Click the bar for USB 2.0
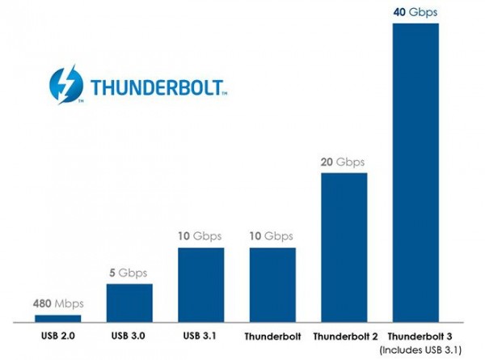click(x=57, y=318)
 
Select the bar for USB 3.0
click(x=129, y=303)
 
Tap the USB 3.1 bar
click(x=201, y=285)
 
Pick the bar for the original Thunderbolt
click(x=272, y=285)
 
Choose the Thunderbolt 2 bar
click(x=344, y=248)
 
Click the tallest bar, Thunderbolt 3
click(x=415, y=172)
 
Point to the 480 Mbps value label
click(x=57, y=305)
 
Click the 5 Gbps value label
click(x=129, y=273)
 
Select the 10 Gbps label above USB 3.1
click(x=201, y=237)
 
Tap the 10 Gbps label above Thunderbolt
click(x=272, y=237)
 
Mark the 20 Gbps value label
click(x=344, y=162)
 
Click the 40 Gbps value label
click(x=415, y=12)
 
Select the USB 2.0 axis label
click(x=57, y=335)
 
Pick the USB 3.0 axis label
click(x=129, y=335)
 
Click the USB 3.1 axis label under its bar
click(x=201, y=335)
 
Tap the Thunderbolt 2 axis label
click(x=344, y=335)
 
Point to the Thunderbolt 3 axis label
click(x=415, y=335)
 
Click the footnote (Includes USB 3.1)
click(x=419, y=349)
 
